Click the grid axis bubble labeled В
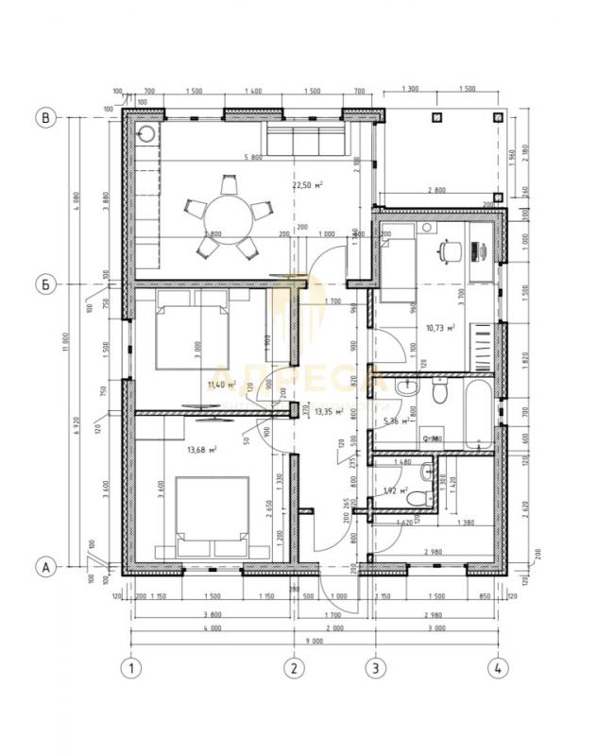[x=43, y=118]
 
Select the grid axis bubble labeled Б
[x=43, y=283]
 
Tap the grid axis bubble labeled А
[x=43, y=566]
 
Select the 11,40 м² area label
[x=220, y=385]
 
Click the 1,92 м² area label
[x=395, y=491]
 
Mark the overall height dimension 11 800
[x=69, y=340]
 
